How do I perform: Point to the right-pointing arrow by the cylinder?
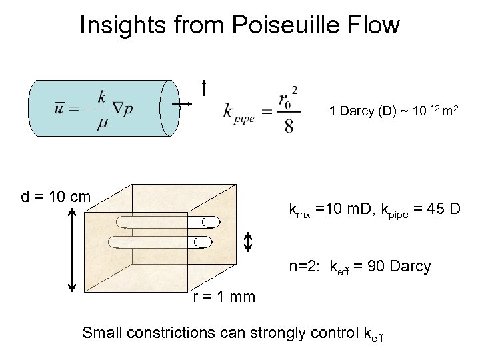pos(181,105)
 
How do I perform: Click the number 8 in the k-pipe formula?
pos(289,126)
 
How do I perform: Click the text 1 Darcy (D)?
pos(361,111)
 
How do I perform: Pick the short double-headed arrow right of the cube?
pos(247,242)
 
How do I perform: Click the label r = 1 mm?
pos(224,297)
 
